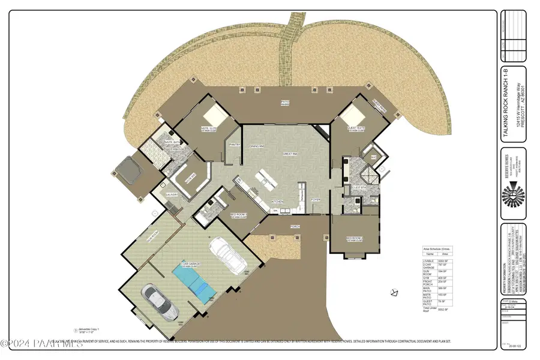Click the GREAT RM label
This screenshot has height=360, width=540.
point(290,154)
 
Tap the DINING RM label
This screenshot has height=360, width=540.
point(258,146)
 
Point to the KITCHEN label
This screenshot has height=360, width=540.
point(277,201)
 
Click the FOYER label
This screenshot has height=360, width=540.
point(314,200)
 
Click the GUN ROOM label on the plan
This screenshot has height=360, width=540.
point(152,236)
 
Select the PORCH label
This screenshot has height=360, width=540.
point(295,227)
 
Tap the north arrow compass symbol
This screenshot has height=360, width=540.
point(394,293)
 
